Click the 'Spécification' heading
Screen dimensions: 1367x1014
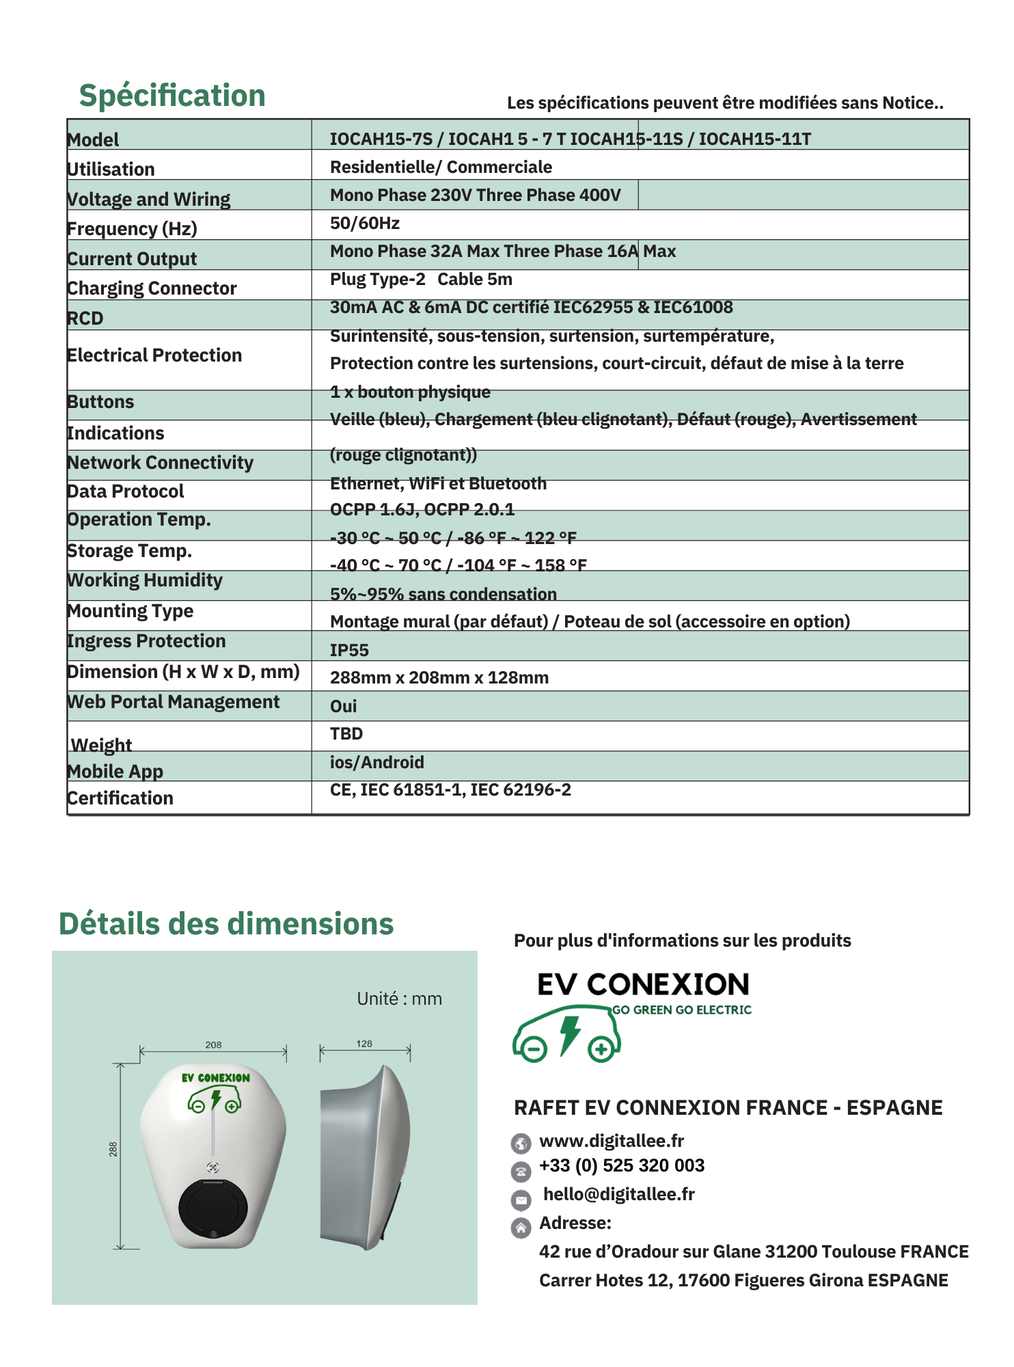(x=172, y=96)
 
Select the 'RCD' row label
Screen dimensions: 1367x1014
(x=85, y=319)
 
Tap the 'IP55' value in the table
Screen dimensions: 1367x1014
(x=349, y=650)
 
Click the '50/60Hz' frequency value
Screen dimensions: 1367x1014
(x=365, y=224)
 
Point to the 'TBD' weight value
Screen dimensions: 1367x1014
(x=346, y=734)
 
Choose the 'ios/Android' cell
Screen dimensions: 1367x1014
(x=377, y=762)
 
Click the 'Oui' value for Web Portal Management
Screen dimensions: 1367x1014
(x=343, y=706)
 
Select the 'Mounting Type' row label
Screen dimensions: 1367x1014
(x=131, y=611)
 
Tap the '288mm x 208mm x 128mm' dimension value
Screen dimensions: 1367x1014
(x=439, y=677)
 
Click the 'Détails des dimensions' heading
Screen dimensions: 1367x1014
(x=226, y=924)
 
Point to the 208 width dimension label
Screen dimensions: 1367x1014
(x=213, y=1044)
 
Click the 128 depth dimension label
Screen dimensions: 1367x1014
(x=364, y=1044)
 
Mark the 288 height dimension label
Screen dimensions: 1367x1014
(x=113, y=1149)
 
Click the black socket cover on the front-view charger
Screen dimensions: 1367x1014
(x=213, y=1208)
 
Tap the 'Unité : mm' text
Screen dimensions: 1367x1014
(x=399, y=999)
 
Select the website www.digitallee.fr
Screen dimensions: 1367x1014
(x=612, y=1141)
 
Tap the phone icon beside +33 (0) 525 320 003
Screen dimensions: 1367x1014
(x=521, y=1171)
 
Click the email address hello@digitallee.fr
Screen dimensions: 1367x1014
(x=619, y=1194)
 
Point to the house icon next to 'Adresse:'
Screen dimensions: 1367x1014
(x=521, y=1228)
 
